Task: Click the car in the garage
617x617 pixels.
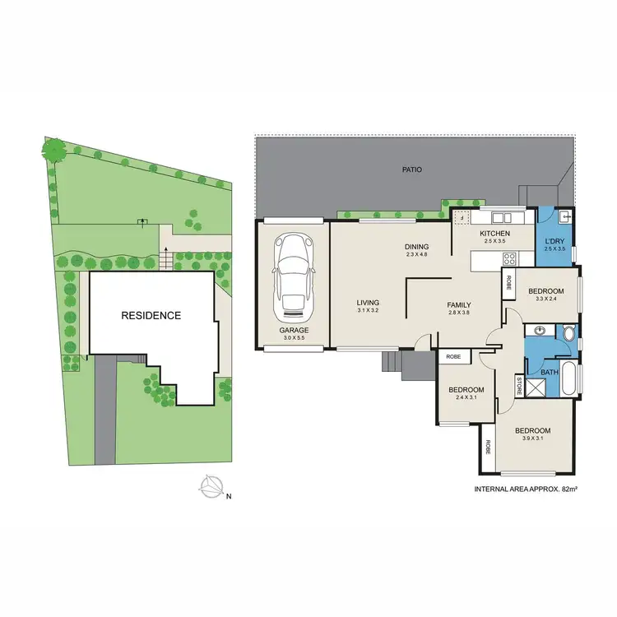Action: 294,276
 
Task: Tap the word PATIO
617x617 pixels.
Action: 412,170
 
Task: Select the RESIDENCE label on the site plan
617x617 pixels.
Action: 151,315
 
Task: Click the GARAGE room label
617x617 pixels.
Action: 294,330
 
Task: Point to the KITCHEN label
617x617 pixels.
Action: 495,234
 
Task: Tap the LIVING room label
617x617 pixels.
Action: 367,301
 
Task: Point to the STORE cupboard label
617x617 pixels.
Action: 519,384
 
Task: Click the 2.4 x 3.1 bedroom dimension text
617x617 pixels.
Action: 466,398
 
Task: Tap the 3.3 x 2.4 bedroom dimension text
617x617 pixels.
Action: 545,299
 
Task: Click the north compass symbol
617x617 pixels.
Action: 211,488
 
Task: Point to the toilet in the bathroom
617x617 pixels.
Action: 570,334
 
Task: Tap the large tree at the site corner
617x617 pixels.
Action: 54,150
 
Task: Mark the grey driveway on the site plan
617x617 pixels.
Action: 105,411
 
